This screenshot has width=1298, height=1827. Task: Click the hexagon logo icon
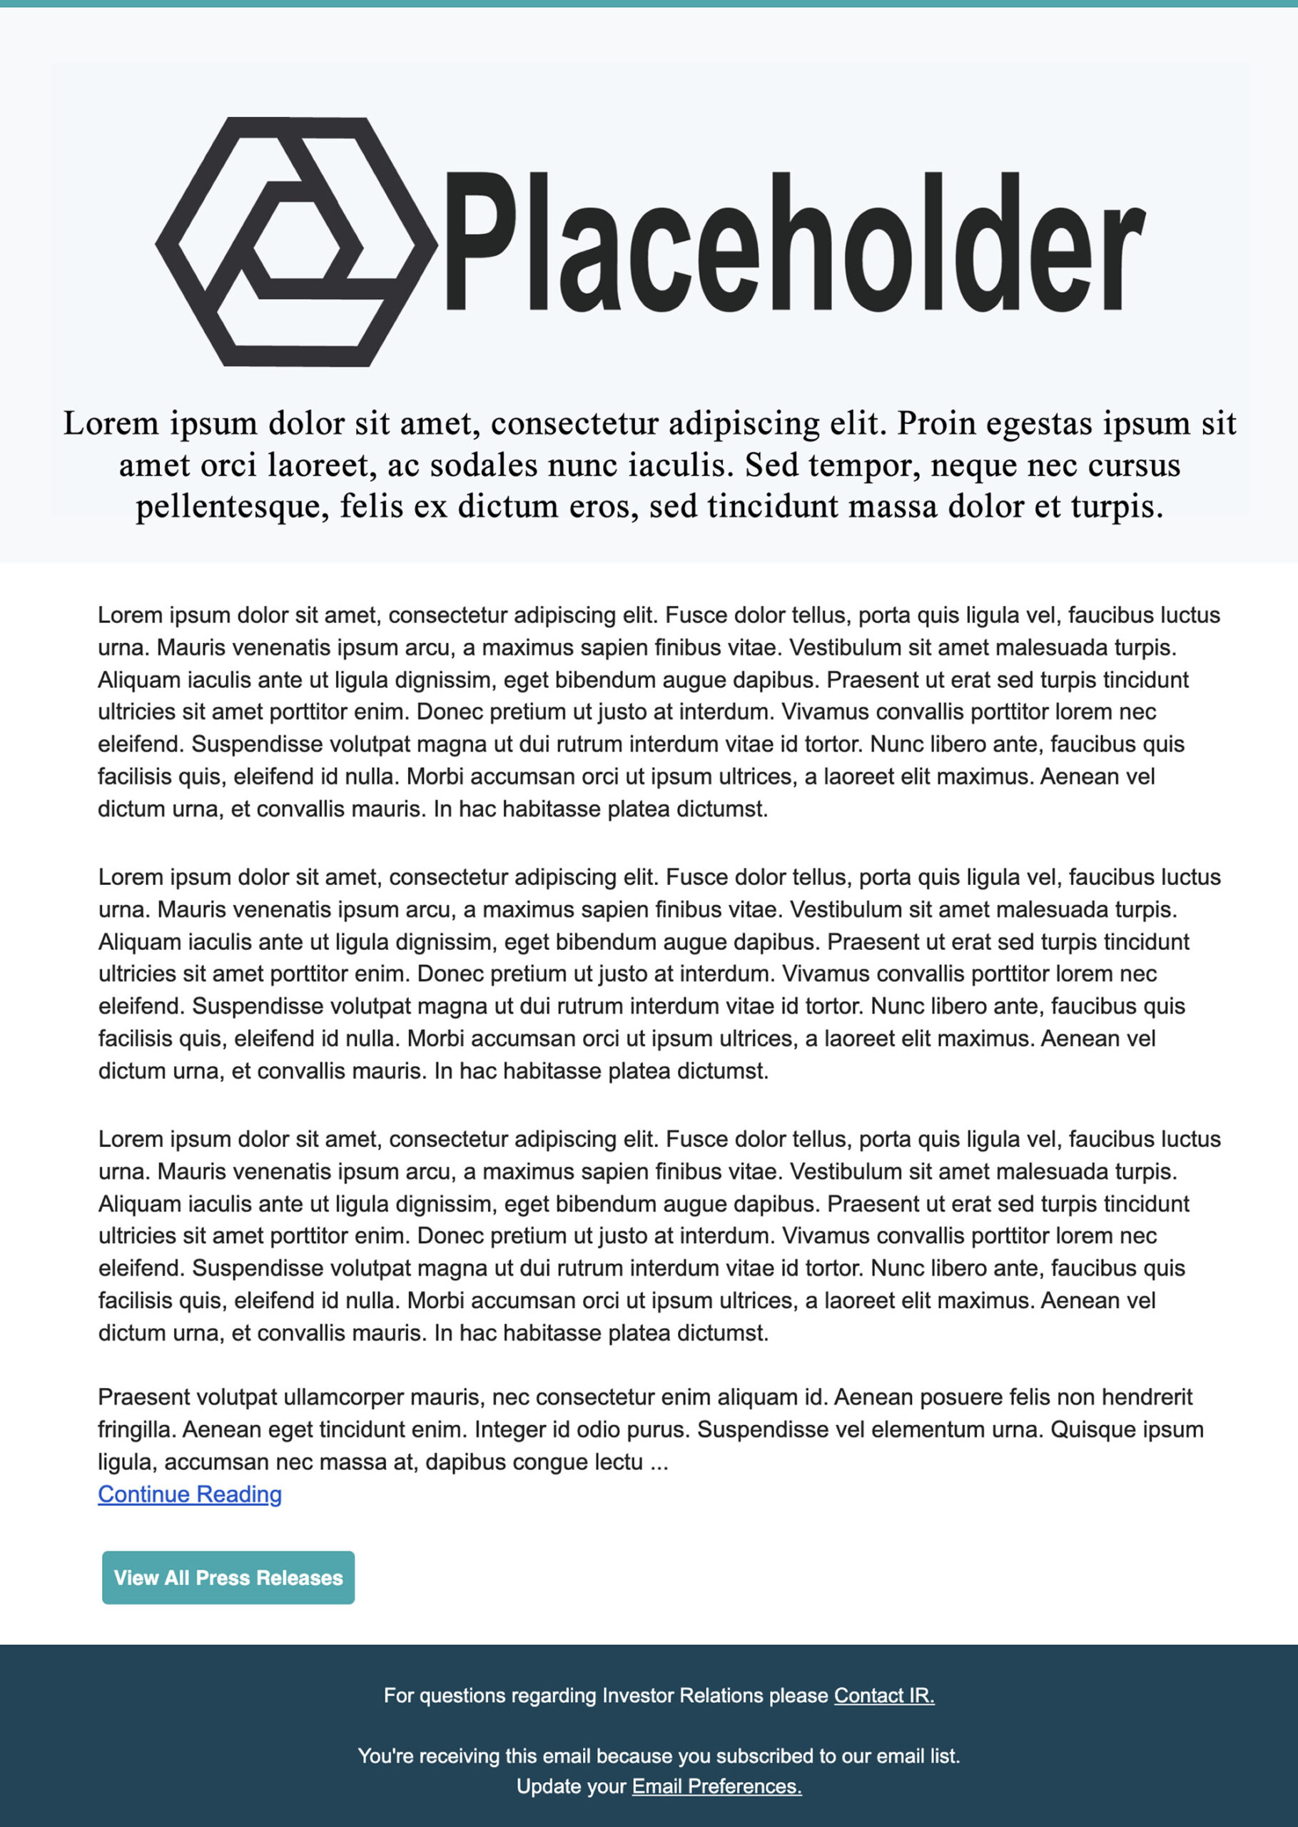[295, 241]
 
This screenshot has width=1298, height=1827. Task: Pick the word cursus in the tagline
[1129, 465]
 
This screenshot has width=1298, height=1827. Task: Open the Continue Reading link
[189, 1494]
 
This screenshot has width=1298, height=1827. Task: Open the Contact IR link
[884, 1695]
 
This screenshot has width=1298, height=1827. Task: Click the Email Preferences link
[716, 1786]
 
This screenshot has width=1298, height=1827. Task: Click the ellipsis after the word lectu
[659, 1462]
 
